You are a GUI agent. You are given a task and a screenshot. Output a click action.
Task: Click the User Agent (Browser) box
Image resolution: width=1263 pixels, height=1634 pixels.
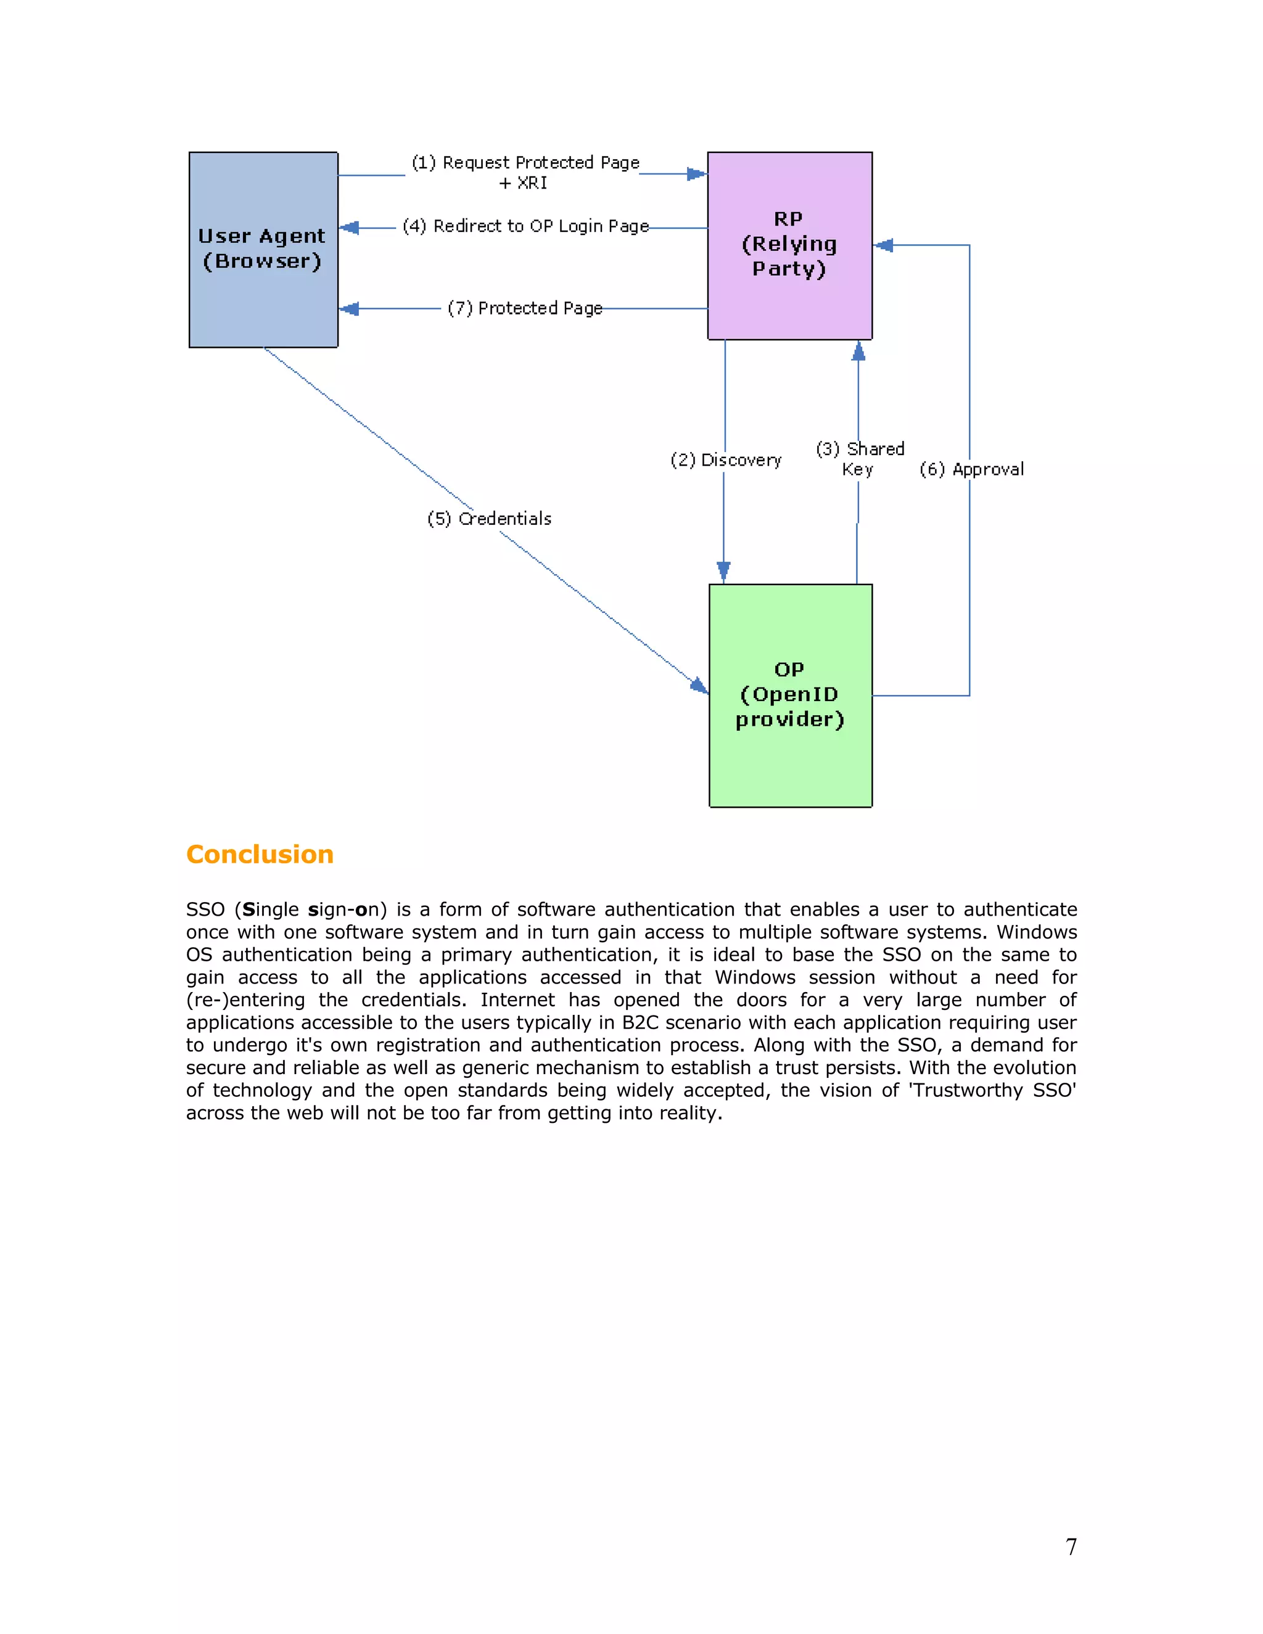(263, 249)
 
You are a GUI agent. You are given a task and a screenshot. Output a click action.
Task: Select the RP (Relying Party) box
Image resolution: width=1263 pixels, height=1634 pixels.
(789, 245)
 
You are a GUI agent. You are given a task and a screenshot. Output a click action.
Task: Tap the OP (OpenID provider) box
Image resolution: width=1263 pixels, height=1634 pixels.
(790, 695)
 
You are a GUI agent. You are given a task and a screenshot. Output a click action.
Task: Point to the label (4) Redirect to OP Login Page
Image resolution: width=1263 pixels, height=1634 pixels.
(525, 226)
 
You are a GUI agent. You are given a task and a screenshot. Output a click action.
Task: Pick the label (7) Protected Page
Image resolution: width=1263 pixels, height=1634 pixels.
(525, 308)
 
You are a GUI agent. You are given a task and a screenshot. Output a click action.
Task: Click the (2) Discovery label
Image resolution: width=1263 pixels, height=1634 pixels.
(726, 460)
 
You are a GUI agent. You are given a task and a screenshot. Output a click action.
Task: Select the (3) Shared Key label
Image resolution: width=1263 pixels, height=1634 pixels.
(860, 459)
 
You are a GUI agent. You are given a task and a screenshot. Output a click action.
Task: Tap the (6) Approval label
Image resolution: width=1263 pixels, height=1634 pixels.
(971, 469)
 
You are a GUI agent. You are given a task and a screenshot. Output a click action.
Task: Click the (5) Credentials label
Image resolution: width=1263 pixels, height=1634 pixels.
(489, 519)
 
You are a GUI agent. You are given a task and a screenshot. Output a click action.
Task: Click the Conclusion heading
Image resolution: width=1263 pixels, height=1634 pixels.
(260, 855)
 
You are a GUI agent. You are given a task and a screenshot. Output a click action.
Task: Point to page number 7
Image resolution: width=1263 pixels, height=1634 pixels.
(1071, 1546)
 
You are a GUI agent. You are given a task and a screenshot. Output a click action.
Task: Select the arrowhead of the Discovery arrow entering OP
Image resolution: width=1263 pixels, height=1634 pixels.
(723, 572)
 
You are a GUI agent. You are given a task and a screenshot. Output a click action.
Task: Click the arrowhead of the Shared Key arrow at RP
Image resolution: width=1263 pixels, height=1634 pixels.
(858, 351)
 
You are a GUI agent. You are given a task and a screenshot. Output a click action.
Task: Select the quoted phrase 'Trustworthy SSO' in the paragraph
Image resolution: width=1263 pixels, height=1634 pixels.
(992, 1090)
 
